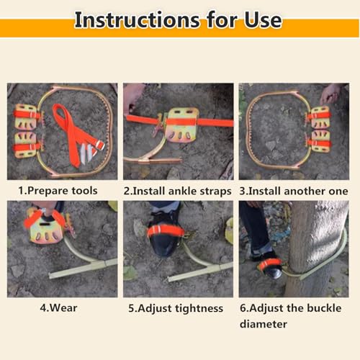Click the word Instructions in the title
point(137,20)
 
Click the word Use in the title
point(263,20)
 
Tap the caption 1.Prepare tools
point(58,191)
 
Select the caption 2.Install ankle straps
point(177,192)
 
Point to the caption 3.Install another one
point(294,192)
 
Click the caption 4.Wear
point(58,308)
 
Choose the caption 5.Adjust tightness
point(176,308)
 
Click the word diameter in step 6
point(264,324)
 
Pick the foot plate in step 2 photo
point(183,125)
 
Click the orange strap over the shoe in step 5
point(166,231)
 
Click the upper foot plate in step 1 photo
point(26,117)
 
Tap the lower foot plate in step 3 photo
point(320,142)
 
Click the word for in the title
point(222,20)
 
